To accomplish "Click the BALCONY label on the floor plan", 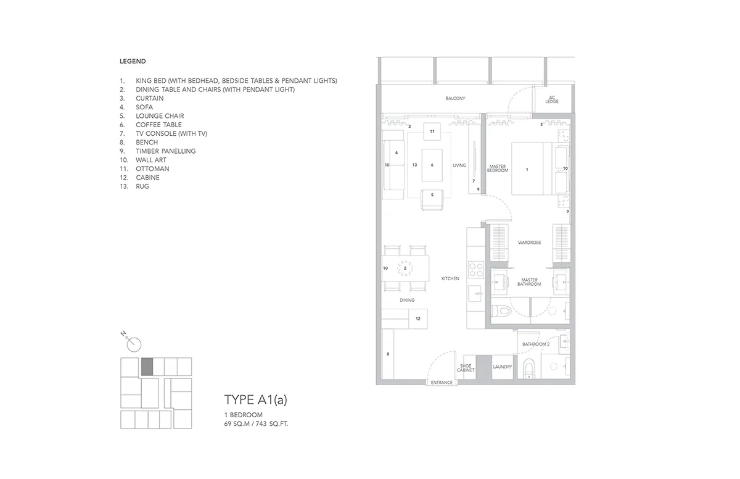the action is coord(455,99).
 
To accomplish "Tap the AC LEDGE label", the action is coord(552,99).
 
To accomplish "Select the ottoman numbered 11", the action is coord(432,131).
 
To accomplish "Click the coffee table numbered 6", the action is coord(432,165).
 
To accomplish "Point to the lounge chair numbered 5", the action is coord(432,199).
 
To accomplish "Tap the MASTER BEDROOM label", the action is coord(498,169).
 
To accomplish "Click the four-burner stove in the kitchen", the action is coord(475,269).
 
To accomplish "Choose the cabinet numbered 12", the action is coord(418,319).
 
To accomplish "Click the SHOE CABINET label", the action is coord(466,368).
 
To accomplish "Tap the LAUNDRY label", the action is coord(502,367).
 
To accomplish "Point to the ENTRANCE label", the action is coord(442,383).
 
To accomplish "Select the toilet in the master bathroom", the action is coord(501,311).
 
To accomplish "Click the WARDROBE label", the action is coord(529,243).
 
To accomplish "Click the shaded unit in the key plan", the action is coord(147,367).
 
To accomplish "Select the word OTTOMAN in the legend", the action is coord(152,169).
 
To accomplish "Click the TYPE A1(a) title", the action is coord(256,399).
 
